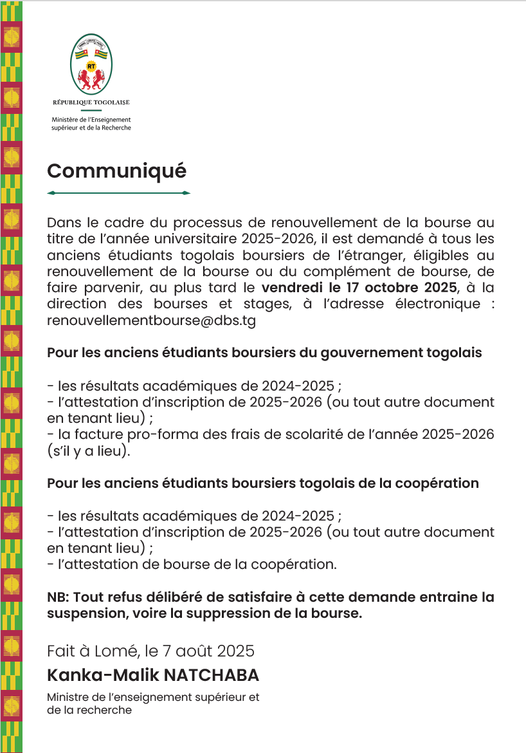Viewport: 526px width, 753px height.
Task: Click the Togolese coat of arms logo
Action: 91,64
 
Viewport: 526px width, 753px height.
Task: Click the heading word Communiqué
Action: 116,171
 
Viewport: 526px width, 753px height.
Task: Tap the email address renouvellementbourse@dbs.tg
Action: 151,321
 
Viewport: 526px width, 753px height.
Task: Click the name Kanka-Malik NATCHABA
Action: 152,675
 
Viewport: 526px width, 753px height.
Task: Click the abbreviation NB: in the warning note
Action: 59,597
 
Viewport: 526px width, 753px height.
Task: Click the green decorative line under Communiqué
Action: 119,193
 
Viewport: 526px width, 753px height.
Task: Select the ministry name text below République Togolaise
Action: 91,124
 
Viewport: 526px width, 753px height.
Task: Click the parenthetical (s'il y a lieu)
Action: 89,451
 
